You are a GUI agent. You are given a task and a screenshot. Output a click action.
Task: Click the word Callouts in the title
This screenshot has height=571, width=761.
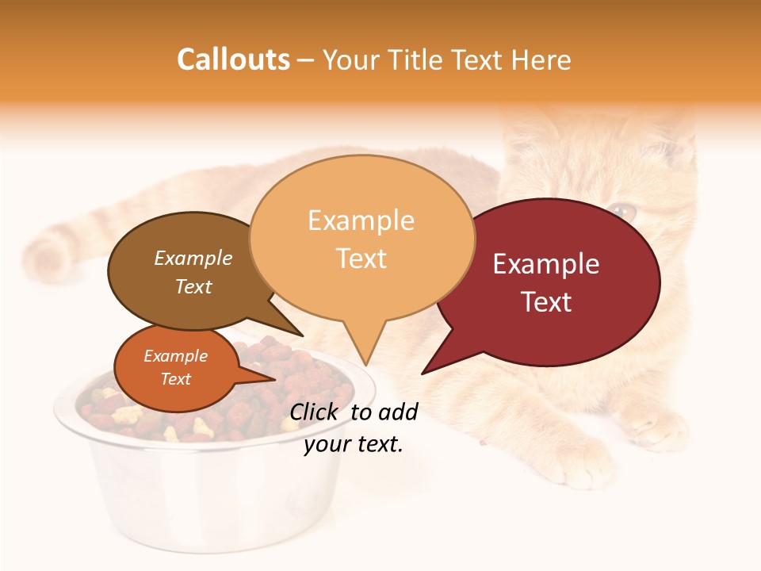[x=233, y=59]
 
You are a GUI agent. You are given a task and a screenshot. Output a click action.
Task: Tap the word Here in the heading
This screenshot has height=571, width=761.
[x=539, y=59]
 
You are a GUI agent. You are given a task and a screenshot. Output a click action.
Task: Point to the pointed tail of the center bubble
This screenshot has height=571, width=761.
[x=364, y=349]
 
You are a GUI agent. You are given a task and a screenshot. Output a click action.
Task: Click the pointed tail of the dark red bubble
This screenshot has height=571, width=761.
[x=436, y=361]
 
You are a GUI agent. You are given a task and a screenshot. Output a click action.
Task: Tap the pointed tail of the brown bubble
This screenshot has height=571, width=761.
[x=289, y=325]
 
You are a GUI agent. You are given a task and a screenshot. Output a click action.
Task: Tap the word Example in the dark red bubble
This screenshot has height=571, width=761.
[x=546, y=264]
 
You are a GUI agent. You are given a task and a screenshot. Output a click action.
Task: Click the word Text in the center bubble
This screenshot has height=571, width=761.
[x=361, y=259]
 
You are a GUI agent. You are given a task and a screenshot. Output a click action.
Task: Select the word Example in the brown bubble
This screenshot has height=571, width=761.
[x=193, y=258]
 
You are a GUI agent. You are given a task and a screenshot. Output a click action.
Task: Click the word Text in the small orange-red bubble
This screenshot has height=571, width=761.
[x=176, y=379]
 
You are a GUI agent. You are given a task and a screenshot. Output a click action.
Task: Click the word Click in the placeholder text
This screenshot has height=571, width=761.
[x=314, y=412]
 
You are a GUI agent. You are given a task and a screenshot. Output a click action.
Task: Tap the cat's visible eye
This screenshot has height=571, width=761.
[x=623, y=211]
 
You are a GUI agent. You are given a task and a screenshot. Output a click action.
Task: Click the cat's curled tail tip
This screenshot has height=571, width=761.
[x=44, y=250]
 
